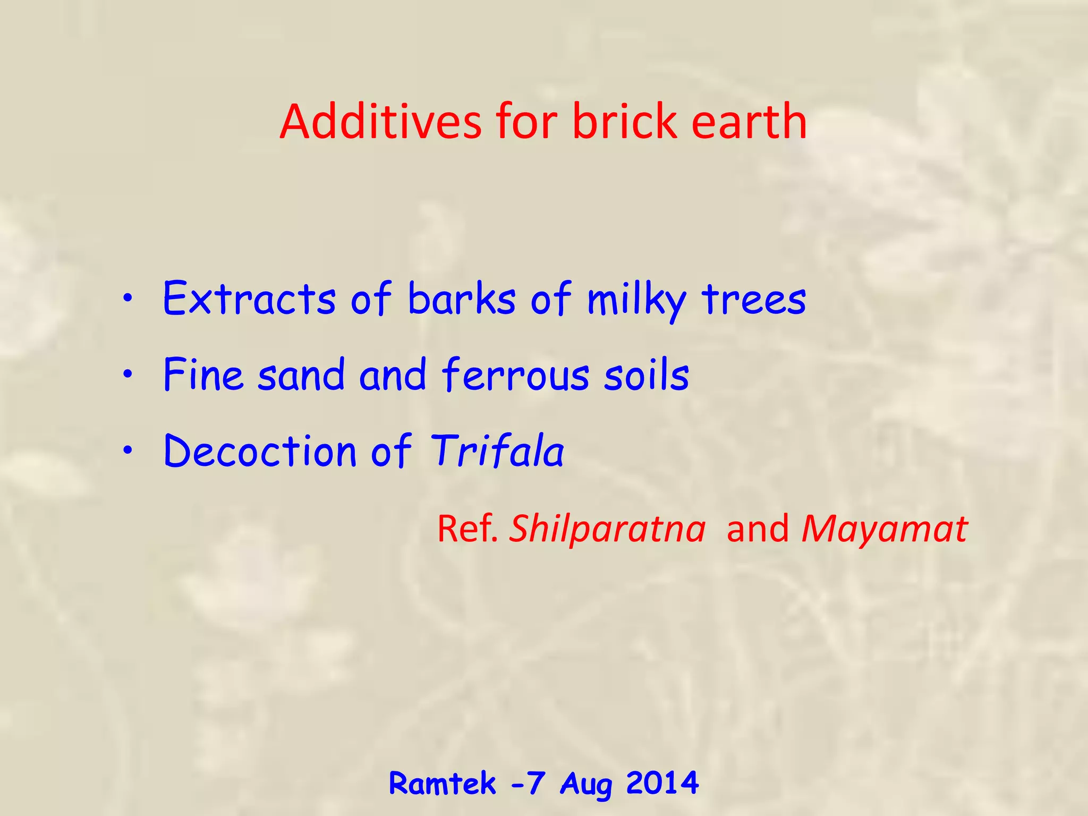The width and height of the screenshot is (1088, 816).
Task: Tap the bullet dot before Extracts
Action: click(127, 299)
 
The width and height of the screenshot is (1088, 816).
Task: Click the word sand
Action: click(301, 375)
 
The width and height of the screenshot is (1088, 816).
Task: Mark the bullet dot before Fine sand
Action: click(127, 376)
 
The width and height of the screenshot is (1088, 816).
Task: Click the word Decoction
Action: click(260, 451)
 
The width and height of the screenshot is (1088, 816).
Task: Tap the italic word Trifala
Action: click(497, 451)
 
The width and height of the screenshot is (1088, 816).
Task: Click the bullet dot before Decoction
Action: click(127, 452)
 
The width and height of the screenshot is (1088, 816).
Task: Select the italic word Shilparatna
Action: click(607, 529)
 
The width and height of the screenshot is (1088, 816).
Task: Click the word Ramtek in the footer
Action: click(442, 783)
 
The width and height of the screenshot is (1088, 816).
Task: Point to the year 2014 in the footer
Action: click(662, 783)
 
